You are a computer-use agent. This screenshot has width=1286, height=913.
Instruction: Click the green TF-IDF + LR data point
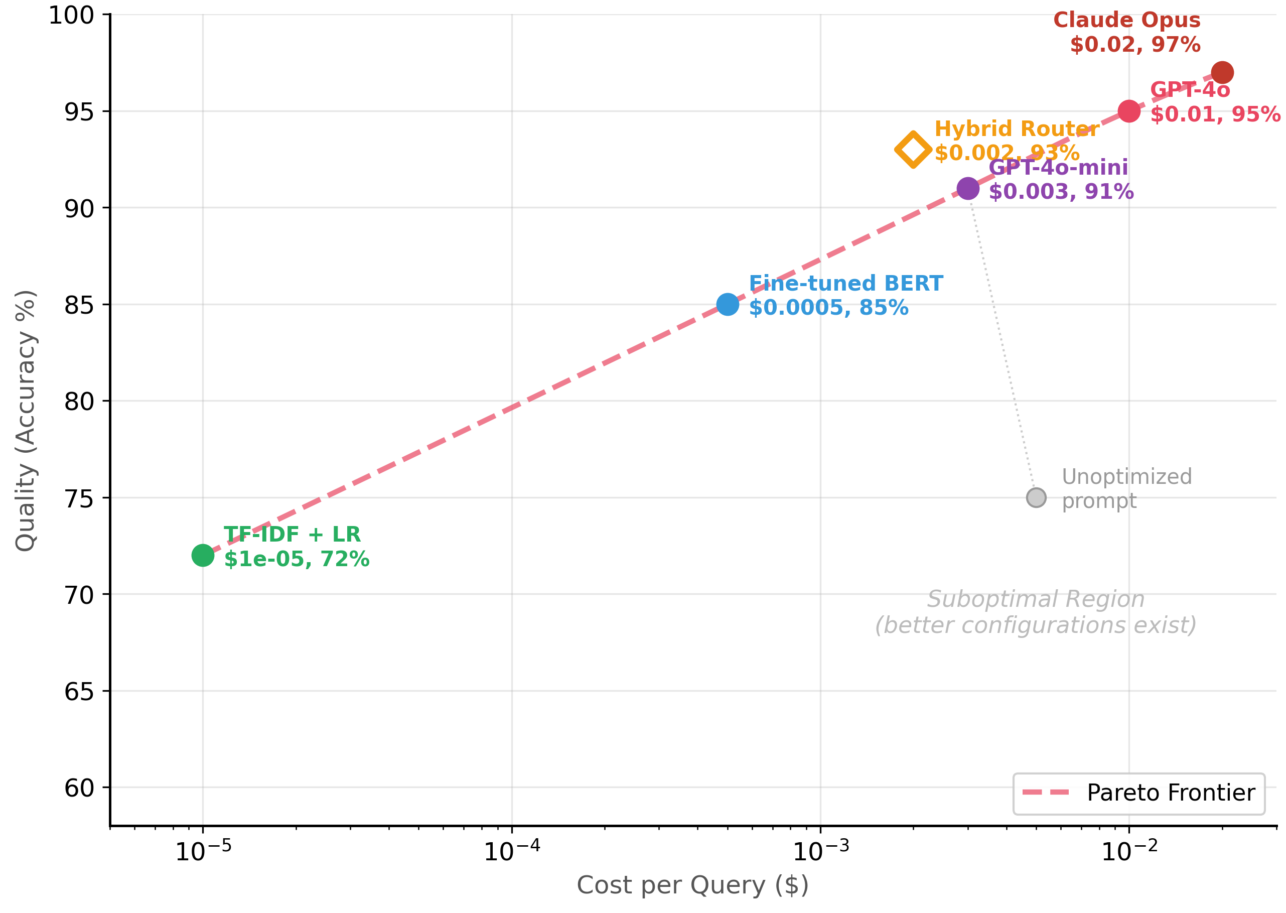click(x=203, y=556)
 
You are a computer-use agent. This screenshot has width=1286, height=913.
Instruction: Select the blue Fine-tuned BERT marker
click(x=728, y=305)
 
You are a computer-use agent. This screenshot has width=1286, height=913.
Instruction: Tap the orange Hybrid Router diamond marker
click(x=913, y=150)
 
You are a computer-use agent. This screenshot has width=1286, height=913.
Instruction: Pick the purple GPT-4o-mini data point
click(x=968, y=188)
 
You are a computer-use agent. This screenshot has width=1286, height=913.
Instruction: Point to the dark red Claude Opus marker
click(x=1222, y=72)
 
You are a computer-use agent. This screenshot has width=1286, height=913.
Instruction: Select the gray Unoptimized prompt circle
click(x=1036, y=497)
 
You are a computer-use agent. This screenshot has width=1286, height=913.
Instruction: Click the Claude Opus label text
click(x=1126, y=20)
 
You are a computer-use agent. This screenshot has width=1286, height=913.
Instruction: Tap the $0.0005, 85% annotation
click(x=828, y=308)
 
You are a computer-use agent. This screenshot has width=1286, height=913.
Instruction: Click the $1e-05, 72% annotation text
click(x=297, y=559)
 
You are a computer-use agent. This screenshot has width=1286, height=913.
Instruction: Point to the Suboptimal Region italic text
click(x=1035, y=599)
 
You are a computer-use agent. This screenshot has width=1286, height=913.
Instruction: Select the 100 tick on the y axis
click(x=71, y=15)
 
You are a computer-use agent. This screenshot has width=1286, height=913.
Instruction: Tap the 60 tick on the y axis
click(x=79, y=788)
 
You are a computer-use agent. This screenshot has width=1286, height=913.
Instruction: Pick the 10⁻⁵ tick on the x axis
click(x=203, y=851)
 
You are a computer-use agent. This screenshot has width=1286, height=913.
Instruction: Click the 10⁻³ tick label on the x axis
click(x=820, y=851)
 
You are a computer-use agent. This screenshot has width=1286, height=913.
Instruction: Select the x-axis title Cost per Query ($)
click(x=692, y=885)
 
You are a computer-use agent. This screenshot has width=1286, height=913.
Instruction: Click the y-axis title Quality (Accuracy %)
click(x=25, y=421)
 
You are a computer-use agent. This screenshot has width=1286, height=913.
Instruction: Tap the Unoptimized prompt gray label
click(x=1126, y=488)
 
